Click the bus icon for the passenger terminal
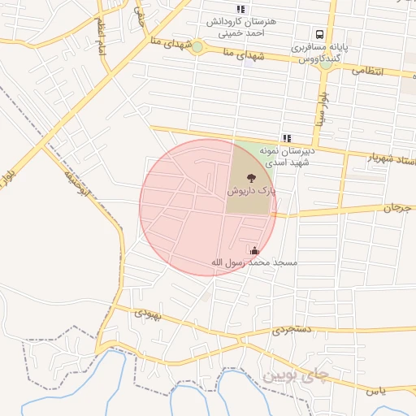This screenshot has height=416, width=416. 319,35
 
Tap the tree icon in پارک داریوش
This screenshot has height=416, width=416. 250,175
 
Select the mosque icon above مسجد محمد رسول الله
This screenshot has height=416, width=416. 255,249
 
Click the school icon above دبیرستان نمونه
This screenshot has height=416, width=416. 287,138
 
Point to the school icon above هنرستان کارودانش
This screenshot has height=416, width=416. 240,8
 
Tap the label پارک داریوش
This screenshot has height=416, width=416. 251,190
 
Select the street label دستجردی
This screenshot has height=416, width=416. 291,330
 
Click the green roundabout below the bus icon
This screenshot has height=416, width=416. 325,63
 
